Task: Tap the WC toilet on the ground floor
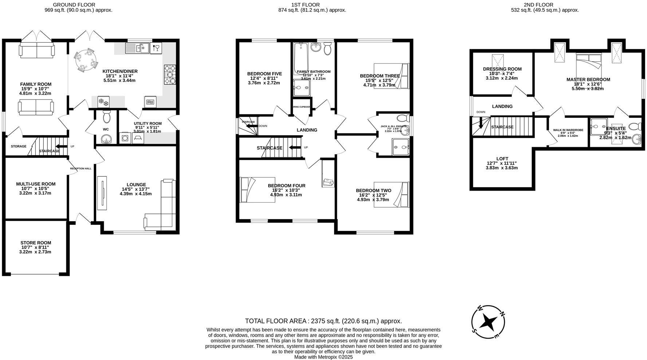(x=106, y=117)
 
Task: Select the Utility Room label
(x=148, y=124)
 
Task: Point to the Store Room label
(x=36, y=243)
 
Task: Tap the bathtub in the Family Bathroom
(x=301, y=58)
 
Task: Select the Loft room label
(x=502, y=159)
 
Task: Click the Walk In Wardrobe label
(x=568, y=130)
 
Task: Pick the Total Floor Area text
(x=323, y=321)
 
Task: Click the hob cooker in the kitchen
(x=170, y=74)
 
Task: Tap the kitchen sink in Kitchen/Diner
(x=137, y=48)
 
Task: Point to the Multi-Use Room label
(x=36, y=184)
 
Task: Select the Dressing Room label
(x=502, y=69)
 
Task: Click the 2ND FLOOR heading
(x=533, y=5)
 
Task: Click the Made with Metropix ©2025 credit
(x=323, y=357)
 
